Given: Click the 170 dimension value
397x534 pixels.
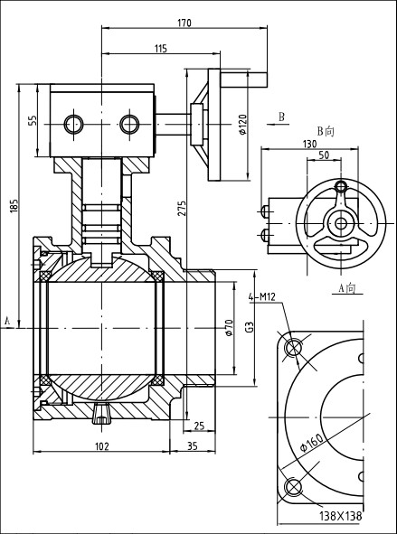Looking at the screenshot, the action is point(184,23).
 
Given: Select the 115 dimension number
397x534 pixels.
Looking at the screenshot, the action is point(160,49).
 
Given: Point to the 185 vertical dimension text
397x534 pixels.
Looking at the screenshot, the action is point(14,206).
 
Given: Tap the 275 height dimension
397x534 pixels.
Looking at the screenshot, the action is point(182,208).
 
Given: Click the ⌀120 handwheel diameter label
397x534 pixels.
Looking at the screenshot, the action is point(242,125).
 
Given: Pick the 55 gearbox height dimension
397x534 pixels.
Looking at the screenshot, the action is point(32,120).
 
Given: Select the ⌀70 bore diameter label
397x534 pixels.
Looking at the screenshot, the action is point(229,328).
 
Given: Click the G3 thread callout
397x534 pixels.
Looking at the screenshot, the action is point(250,328).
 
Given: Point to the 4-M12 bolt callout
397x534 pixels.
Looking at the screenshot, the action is point(261,297).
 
